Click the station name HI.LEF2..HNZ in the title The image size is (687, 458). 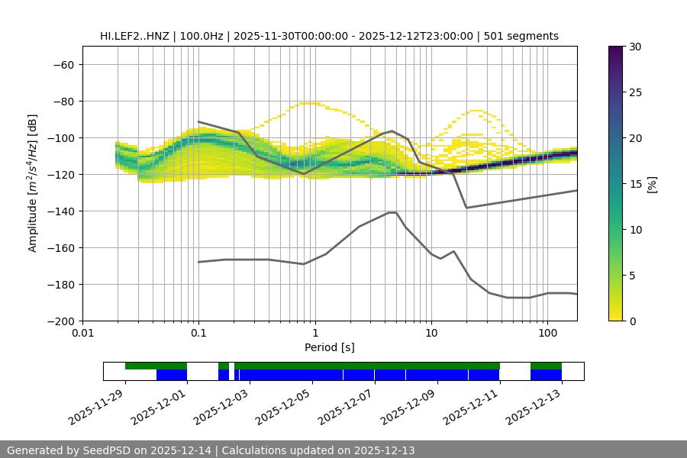pos(135,36)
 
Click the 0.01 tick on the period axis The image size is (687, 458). pos(82,334)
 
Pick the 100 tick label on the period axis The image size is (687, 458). pos(547,334)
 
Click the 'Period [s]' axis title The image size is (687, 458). pos(329,347)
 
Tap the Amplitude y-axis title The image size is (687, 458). pos(33,183)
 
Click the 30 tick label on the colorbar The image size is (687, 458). pos(635,47)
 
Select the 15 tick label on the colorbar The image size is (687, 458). pos(635,183)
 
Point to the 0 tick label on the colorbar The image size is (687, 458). pos(632,321)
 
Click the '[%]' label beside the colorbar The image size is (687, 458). pos(651,183)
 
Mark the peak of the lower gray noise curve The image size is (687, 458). pos(392,212)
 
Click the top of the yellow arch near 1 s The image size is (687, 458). pos(308,103)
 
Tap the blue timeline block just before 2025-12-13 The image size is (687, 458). pos(546,375)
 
